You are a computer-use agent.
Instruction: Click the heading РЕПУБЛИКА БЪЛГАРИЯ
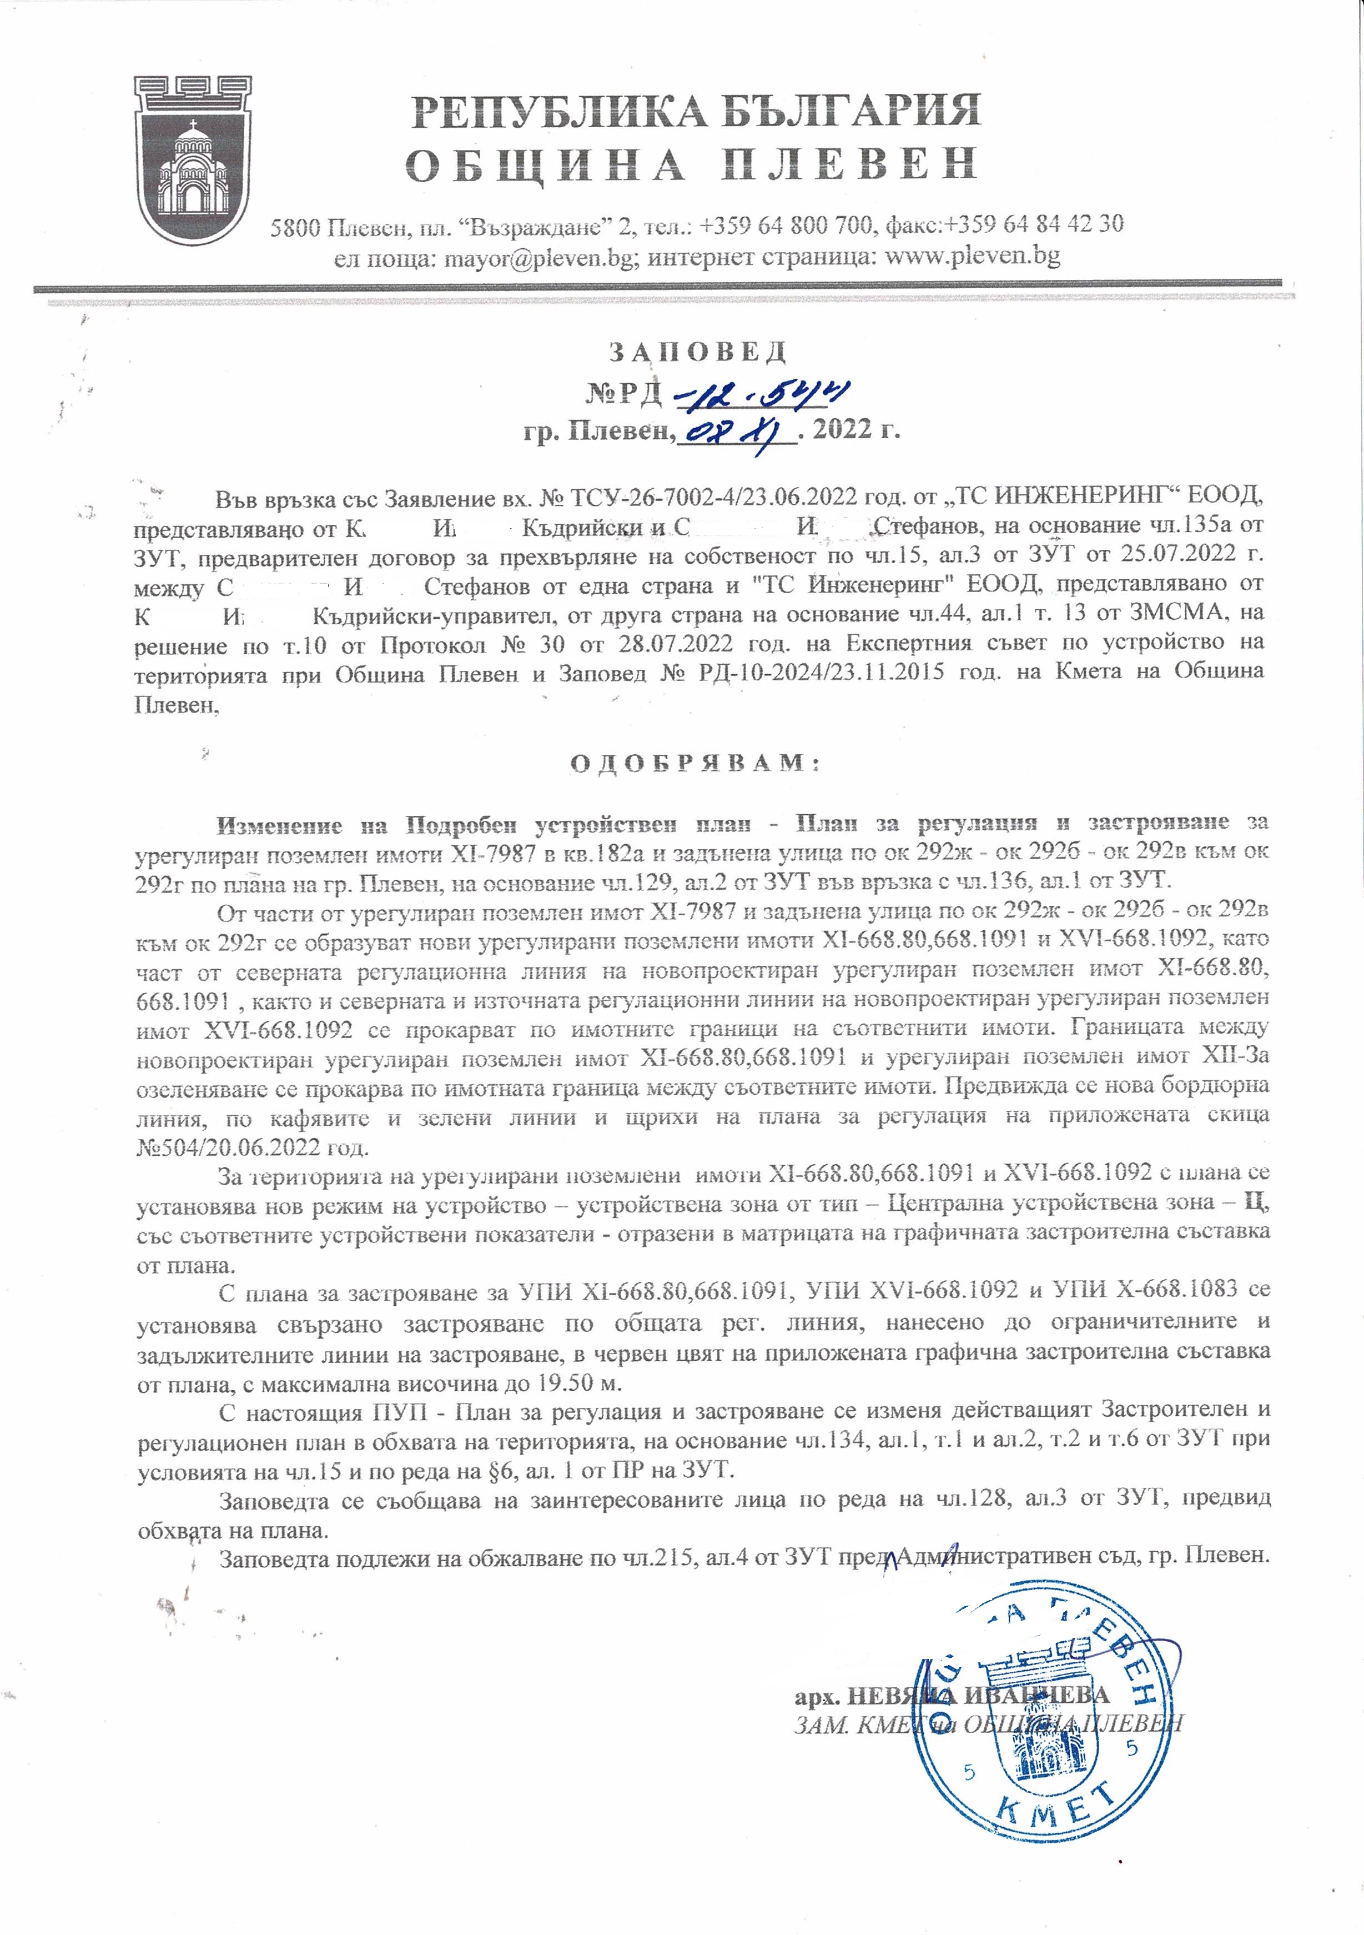(x=696, y=111)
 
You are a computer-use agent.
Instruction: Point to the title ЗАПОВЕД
(x=698, y=350)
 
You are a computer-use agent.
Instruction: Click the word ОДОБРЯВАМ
(x=696, y=764)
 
